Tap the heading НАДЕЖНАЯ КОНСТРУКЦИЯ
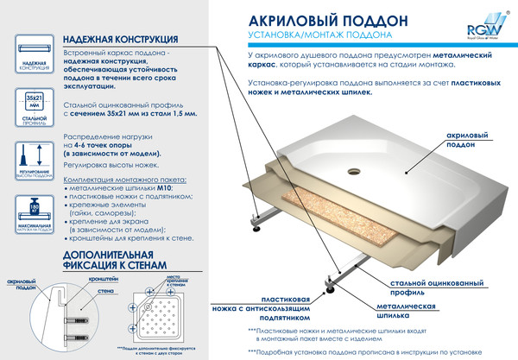coord(122,40)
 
